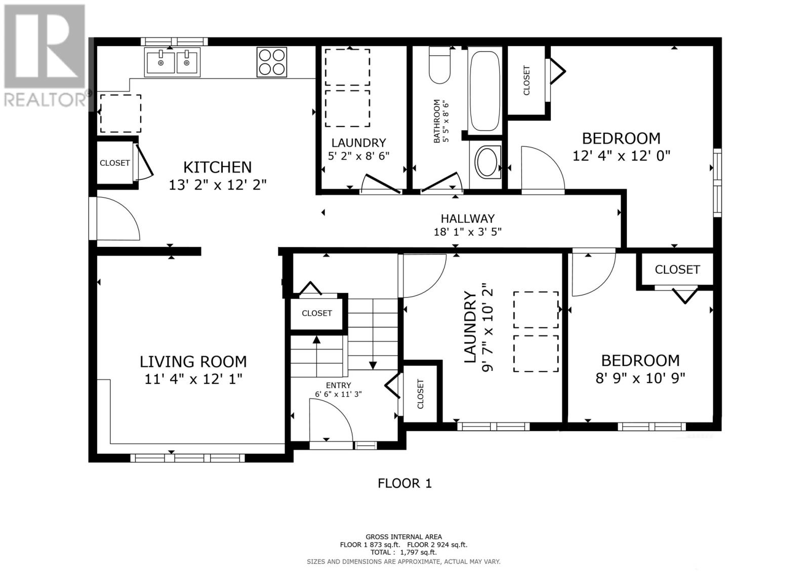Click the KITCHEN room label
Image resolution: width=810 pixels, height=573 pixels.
click(217, 167)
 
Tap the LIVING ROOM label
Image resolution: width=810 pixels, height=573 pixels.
click(193, 362)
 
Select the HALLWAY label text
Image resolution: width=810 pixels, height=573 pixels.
click(468, 219)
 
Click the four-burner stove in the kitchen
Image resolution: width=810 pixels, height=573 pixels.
click(271, 62)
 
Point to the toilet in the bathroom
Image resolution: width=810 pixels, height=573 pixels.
click(439, 65)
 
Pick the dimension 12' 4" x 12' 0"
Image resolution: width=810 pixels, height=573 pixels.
click(621, 156)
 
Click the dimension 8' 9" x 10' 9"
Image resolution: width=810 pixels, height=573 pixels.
click(640, 378)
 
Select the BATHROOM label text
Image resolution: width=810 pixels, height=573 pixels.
click(437, 121)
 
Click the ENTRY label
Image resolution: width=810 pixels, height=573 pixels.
click(338, 386)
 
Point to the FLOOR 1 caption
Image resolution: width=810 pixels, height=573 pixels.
click(404, 483)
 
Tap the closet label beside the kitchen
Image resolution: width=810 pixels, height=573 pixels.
click(114, 163)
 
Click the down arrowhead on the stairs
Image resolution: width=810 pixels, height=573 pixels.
click(373, 366)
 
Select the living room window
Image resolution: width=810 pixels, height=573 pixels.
click(187, 458)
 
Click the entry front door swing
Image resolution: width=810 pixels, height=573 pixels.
click(331, 419)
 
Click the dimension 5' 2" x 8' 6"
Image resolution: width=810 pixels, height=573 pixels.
click(359, 156)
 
